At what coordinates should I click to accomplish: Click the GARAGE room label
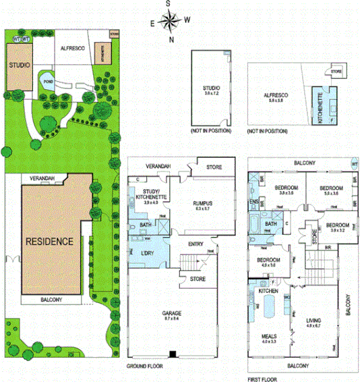pos(172,314)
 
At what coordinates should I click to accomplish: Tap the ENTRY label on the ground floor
pos(196,244)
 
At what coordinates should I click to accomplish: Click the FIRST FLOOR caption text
pos(265,379)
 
